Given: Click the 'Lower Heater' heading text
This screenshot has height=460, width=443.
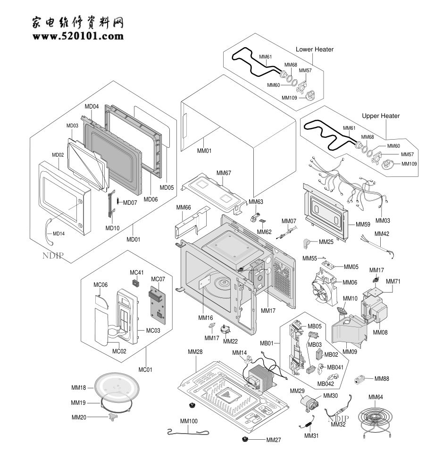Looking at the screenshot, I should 314,50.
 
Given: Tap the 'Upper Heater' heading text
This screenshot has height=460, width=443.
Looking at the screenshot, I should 380,116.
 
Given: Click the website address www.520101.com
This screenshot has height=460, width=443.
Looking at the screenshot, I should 78,36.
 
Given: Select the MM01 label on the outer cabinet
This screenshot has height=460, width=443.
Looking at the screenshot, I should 204,151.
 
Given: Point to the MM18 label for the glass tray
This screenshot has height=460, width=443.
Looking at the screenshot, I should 78,388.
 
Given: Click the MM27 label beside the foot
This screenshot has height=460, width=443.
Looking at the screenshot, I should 273,440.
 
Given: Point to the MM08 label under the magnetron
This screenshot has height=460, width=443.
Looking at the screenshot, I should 380,332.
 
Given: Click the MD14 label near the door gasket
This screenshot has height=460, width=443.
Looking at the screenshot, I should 59,234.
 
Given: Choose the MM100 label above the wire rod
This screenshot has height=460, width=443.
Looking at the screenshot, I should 189,421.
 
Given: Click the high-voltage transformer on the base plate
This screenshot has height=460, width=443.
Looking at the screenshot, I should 259,377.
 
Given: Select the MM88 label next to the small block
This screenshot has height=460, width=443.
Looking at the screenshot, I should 382,378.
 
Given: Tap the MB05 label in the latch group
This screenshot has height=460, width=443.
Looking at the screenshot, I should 315,326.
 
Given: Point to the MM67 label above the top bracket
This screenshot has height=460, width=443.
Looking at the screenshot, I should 224,173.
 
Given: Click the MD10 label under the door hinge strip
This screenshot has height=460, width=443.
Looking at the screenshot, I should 113,228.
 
